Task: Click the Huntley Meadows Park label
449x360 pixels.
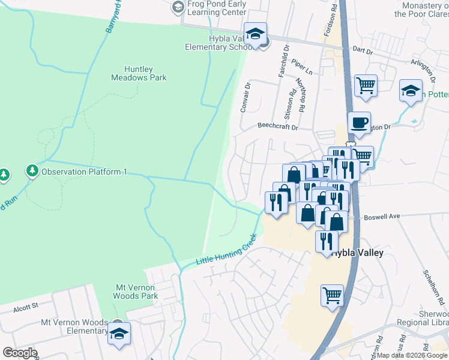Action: click(139, 73)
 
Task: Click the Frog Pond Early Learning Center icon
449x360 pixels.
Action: click(177, 8)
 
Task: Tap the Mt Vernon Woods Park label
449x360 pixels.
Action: click(136, 291)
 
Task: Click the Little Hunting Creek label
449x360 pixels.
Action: click(223, 256)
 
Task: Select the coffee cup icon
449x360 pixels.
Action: click(359, 123)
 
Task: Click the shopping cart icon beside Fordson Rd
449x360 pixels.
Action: click(366, 85)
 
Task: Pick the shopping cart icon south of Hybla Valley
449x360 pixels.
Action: click(332, 295)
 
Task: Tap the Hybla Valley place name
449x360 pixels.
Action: click(358, 253)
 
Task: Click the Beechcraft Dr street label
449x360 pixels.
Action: click(277, 127)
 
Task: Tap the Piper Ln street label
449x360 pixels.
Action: click(303, 67)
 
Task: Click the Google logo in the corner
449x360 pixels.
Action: click(19, 353)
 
